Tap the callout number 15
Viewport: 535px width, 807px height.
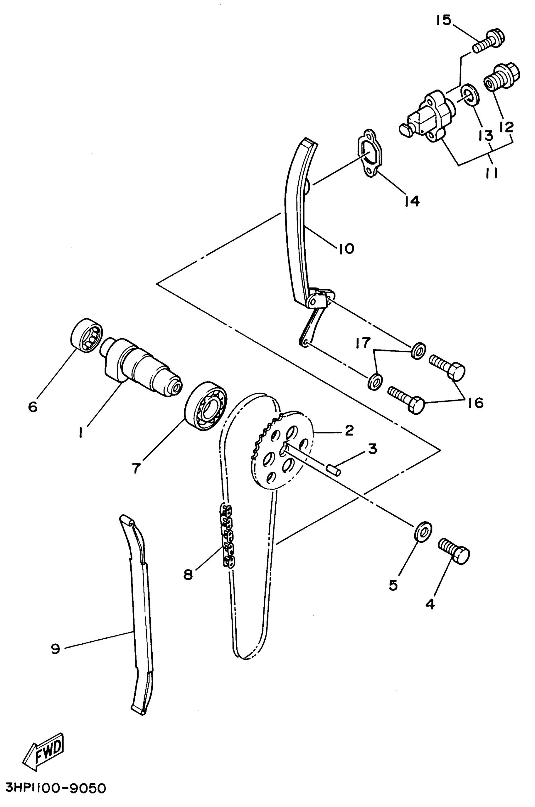click(x=443, y=20)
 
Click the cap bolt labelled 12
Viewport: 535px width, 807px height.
click(x=502, y=77)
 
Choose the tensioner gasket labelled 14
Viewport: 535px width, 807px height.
click(x=370, y=154)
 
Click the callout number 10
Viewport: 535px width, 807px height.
click(x=346, y=249)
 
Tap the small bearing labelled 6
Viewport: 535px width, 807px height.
click(x=87, y=336)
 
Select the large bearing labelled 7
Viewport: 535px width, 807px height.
click(x=206, y=406)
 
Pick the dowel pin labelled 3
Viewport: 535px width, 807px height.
click(x=333, y=469)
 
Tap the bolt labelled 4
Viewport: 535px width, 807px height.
click(x=454, y=551)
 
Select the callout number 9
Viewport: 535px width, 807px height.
click(x=55, y=648)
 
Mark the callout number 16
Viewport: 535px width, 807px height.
click(x=476, y=403)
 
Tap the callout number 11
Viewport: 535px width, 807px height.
click(x=491, y=173)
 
